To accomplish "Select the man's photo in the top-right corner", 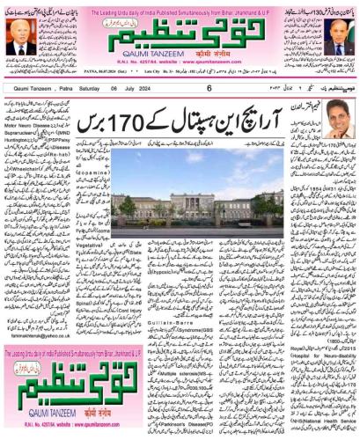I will pyautogui.click(x=338, y=36).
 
